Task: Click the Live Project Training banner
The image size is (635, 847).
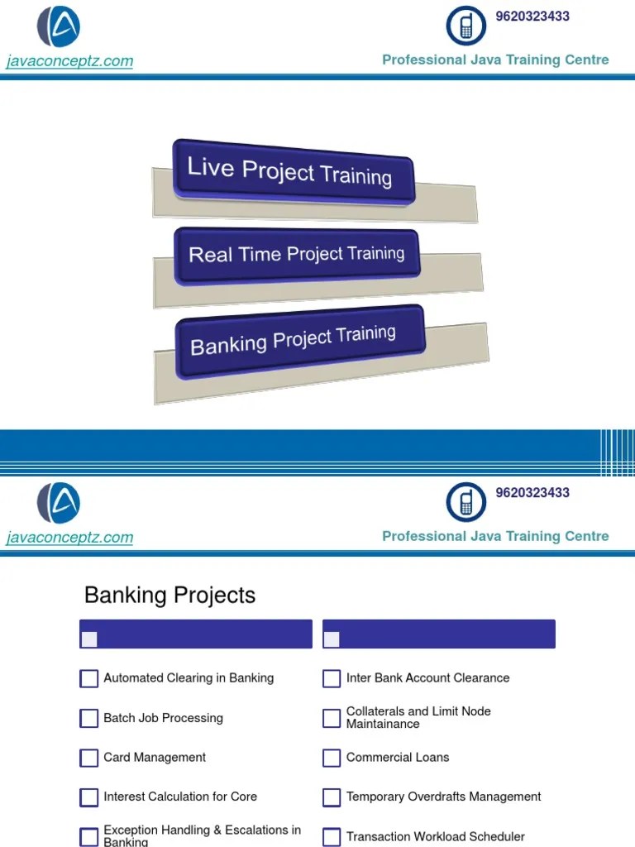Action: coord(290,171)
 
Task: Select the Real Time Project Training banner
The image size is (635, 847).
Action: coord(296,254)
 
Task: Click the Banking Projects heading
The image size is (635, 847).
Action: coord(169,596)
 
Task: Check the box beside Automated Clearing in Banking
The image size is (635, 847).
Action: coord(89,679)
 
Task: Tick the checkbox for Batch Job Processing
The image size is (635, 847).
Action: coord(89,718)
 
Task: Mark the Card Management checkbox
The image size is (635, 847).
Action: coord(89,758)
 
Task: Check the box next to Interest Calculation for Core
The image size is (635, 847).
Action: coord(89,797)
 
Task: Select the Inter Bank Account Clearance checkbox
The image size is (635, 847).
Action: coord(332,679)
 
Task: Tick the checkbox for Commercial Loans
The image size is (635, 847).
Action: coord(332,758)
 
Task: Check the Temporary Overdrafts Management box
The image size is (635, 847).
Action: coord(332,797)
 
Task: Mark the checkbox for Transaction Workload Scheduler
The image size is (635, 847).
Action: coord(332,837)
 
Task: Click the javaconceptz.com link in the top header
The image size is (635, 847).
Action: coord(69,61)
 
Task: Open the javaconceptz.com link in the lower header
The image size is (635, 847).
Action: coord(69,538)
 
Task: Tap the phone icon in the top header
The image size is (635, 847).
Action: coord(466,26)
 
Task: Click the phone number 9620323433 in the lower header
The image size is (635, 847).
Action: coord(532,493)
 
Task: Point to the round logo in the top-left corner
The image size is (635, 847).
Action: coord(59,26)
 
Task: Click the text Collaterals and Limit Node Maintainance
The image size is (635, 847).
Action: coord(418,717)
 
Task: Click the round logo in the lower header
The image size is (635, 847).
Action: coord(59,503)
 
